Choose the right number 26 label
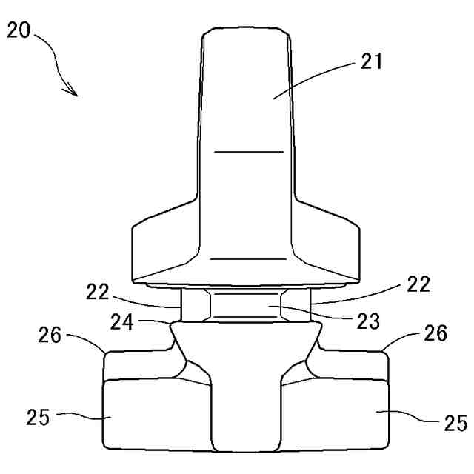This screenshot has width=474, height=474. [435, 333]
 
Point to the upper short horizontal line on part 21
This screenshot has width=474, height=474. [248, 152]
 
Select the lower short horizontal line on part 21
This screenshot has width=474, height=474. [248, 259]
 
